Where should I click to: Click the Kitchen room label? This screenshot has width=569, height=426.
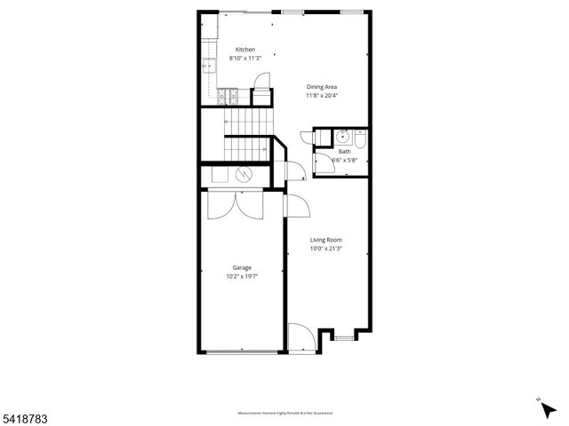[245, 49]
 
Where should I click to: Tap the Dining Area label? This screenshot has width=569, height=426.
[321, 86]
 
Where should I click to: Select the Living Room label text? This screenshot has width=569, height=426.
[325, 240]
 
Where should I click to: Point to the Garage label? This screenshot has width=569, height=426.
[242, 267]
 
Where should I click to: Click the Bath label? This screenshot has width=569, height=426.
[343, 151]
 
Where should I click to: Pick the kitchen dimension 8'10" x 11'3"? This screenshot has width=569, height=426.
[245, 58]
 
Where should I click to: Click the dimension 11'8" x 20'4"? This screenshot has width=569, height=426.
[321, 95]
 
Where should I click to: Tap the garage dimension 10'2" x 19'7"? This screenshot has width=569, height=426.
[242, 276]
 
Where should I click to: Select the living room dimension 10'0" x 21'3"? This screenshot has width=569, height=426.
[325, 248]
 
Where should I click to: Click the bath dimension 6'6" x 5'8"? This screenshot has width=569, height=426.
[343, 160]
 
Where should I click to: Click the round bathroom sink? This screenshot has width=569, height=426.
[341, 137]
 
